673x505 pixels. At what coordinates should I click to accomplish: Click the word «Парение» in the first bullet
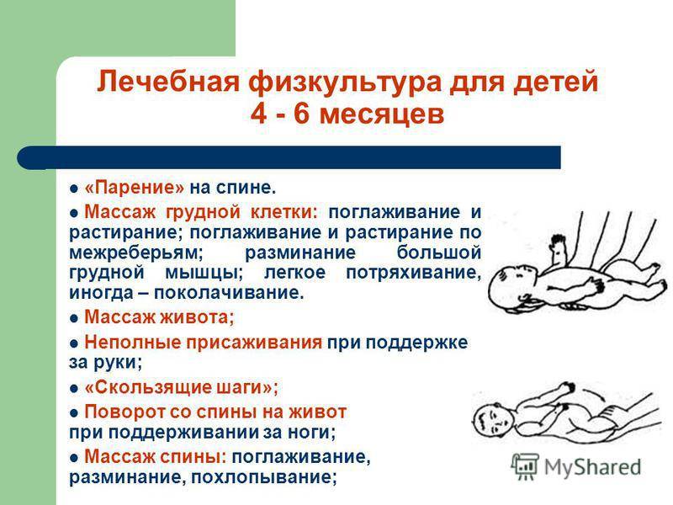click(135, 188)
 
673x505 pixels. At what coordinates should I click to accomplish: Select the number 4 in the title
click(258, 114)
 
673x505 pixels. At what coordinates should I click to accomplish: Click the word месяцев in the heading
click(382, 115)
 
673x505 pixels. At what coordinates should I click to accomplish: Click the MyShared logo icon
click(525, 466)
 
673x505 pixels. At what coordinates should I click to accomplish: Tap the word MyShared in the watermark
click(593, 467)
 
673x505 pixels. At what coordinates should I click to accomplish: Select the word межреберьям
click(136, 252)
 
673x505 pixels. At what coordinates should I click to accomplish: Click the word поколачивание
click(229, 293)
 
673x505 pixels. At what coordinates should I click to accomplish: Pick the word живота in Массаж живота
click(197, 317)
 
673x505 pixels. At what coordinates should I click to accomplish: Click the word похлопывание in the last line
click(263, 477)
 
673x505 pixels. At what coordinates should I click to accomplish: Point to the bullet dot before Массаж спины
click(75, 458)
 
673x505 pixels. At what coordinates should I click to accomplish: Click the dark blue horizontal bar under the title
click(289, 157)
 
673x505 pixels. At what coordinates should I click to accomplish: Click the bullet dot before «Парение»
click(75, 189)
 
